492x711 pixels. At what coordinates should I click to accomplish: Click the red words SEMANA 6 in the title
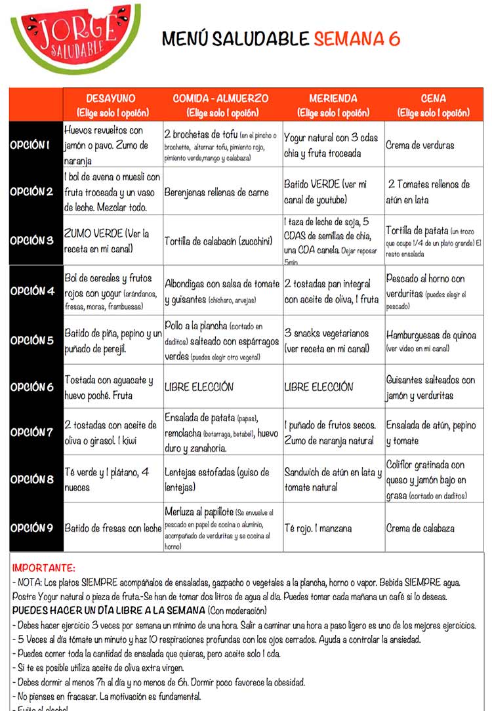[357, 39]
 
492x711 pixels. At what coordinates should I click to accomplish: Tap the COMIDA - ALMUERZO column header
[220, 104]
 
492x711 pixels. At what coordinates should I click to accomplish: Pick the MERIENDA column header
[333, 104]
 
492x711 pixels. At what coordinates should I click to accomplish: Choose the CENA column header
[433, 104]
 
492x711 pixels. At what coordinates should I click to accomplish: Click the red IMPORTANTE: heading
[44, 568]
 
